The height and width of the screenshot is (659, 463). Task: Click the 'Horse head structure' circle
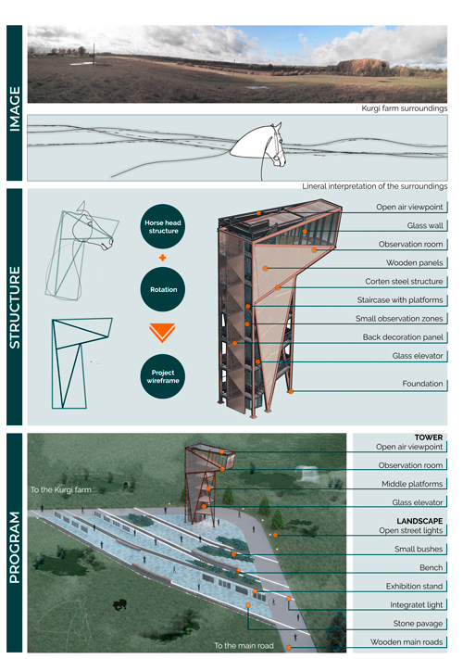click(x=162, y=226)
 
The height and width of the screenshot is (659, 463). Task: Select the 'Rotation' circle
click(x=162, y=289)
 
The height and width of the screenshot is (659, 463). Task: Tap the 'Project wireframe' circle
click(x=162, y=376)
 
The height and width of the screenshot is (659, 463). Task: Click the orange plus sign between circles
click(x=162, y=258)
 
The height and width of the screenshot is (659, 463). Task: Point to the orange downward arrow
click(x=162, y=333)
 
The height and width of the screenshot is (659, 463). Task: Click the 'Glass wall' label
click(x=425, y=225)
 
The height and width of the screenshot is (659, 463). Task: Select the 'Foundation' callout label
click(x=422, y=384)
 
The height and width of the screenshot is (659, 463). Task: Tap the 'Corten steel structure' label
click(x=404, y=281)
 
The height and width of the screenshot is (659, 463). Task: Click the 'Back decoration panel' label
click(x=403, y=337)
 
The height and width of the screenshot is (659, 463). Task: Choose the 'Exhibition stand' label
click(x=414, y=586)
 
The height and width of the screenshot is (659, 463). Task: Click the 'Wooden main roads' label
click(x=407, y=641)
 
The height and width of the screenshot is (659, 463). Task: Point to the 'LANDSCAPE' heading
click(x=419, y=521)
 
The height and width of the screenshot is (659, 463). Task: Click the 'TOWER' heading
click(x=429, y=437)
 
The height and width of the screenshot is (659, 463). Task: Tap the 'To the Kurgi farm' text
click(x=61, y=489)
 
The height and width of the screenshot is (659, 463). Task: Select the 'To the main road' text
click(x=244, y=645)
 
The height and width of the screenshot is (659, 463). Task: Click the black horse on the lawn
click(x=119, y=604)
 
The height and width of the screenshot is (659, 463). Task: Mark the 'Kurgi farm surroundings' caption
click(x=405, y=108)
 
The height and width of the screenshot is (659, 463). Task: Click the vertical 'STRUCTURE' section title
click(x=15, y=307)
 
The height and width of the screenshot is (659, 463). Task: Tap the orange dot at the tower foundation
click(x=291, y=391)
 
